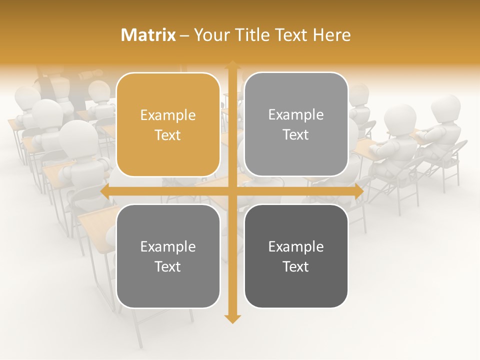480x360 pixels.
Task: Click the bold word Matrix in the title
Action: pos(148,35)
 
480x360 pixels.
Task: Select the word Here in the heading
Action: pos(331,35)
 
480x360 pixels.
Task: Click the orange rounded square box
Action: pos(168,124)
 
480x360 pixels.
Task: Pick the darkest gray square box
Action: pos(296,256)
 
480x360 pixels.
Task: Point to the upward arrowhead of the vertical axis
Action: pos(232,65)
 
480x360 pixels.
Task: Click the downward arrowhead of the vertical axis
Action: pos(232,318)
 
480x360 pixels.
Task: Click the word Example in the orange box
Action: pos(168,115)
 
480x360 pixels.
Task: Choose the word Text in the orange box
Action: pos(168,135)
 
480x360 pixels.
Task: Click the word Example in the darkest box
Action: pos(296,246)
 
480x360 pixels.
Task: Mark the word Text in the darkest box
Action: pos(296,266)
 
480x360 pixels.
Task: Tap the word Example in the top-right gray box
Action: pos(296,114)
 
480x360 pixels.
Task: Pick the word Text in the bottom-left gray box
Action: pos(168,266)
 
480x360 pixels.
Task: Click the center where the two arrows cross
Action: pos(232,191)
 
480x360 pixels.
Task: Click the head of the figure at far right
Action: pos(445,107)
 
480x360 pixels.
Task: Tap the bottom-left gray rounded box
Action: pos(168,256)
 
